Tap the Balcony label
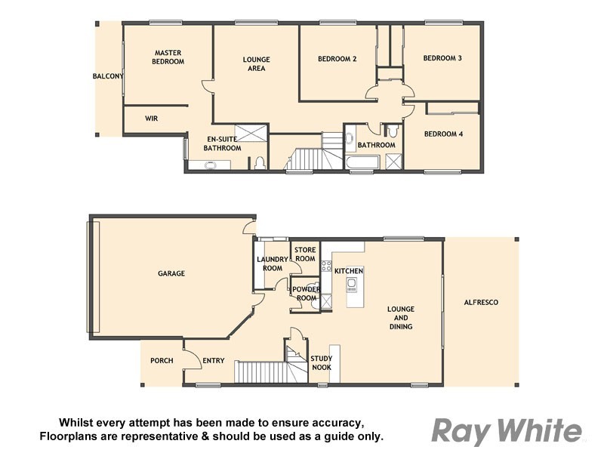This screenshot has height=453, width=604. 108,76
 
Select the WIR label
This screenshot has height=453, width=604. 151,119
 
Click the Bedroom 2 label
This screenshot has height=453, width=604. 337,58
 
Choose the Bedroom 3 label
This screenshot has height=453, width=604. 442,58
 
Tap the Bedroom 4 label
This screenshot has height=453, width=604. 442,134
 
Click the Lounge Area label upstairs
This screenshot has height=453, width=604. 256,63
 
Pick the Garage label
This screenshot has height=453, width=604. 171,273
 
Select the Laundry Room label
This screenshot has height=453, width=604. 272,263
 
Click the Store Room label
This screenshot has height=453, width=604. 304,254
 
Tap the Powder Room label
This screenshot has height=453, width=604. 307,293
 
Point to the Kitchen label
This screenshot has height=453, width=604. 349,270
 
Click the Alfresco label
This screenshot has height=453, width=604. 481,302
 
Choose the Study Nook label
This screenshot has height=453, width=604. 321,363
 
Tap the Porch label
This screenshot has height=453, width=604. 162,360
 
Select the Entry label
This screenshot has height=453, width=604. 214,360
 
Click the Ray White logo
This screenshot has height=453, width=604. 507,430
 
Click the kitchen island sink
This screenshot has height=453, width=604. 351,285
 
